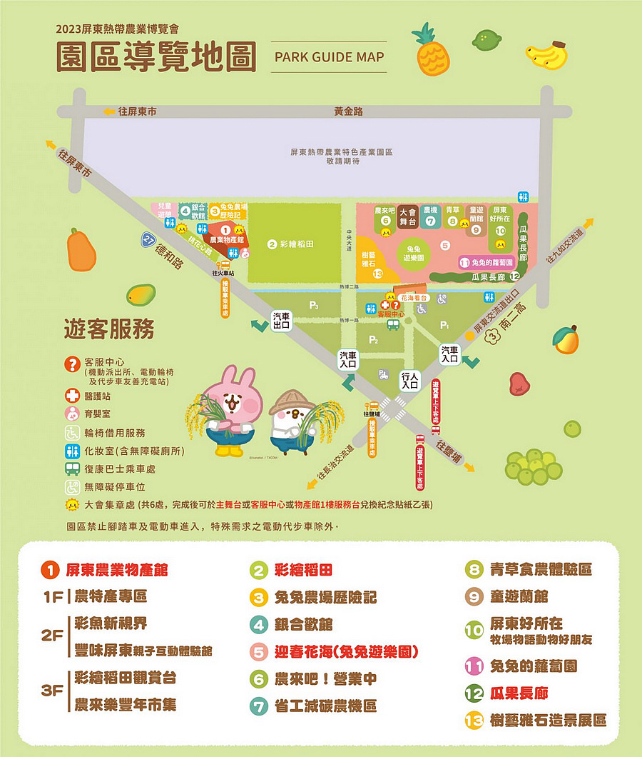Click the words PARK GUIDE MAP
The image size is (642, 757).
329,57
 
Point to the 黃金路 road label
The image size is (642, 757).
348,111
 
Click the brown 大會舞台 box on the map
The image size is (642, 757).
407,216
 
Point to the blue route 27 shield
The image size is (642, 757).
148,241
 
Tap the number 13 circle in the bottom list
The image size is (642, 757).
474,721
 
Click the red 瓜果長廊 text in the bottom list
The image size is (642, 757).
518,693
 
